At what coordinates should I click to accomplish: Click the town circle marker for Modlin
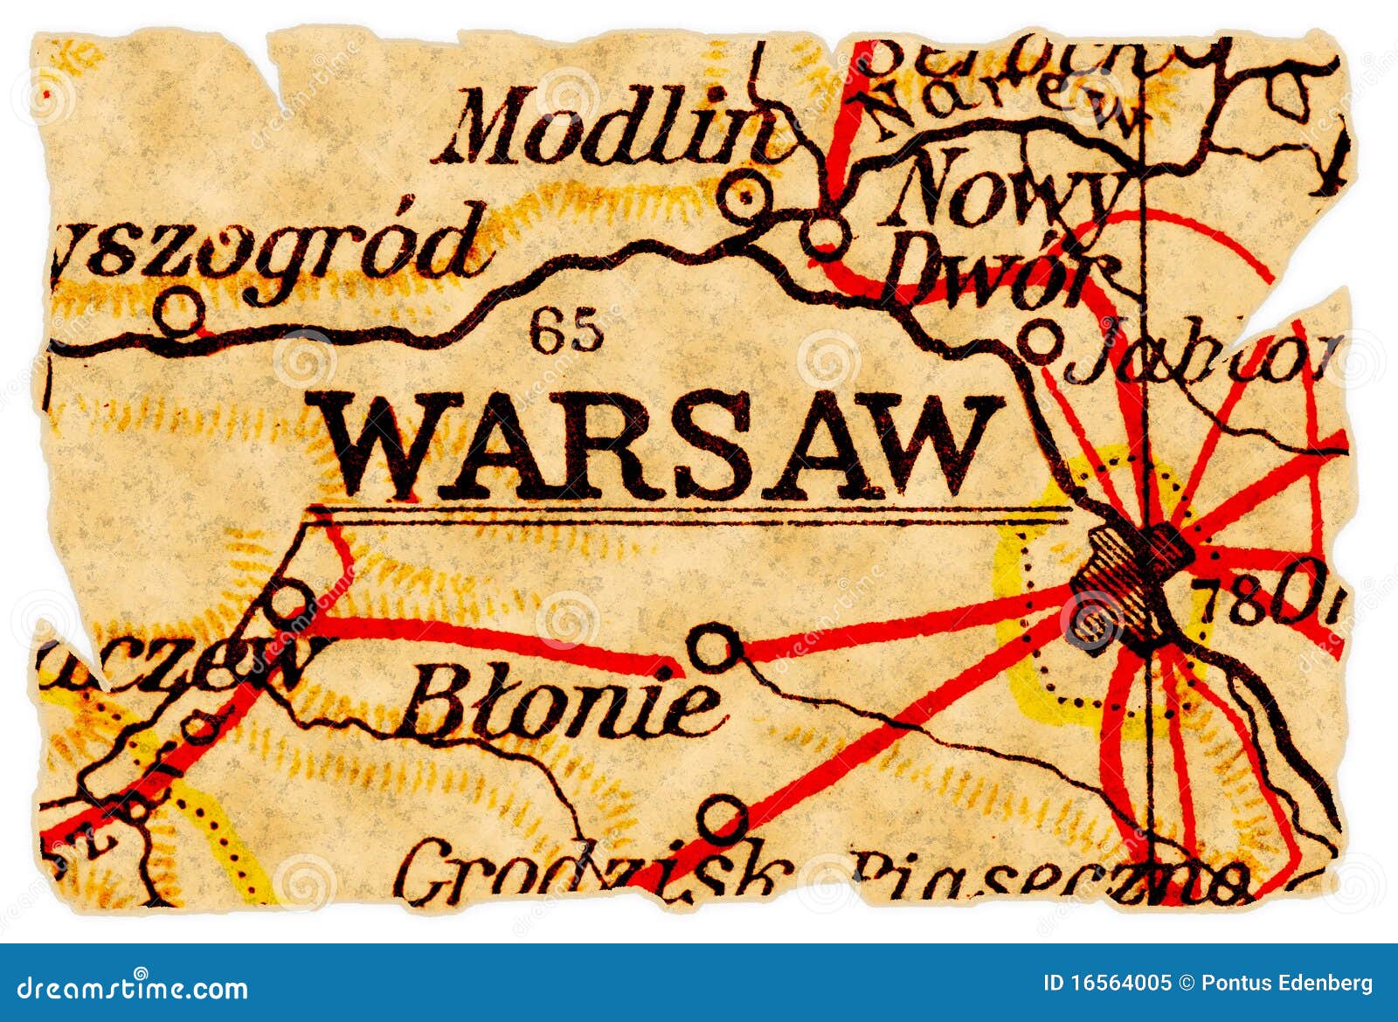coord(745,197)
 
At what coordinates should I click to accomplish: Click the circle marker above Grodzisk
coord(723,819)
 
